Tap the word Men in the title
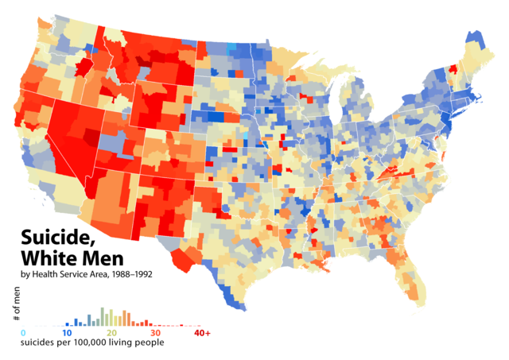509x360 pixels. coord(109,259)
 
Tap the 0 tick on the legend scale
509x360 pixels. coord(23,332)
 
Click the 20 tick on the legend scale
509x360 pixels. coord(112,332)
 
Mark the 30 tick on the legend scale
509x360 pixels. coord(157,332)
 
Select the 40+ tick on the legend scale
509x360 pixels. coord(202,332)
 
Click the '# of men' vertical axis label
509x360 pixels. coord(15,305)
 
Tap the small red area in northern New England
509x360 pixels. coord(453,69)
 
